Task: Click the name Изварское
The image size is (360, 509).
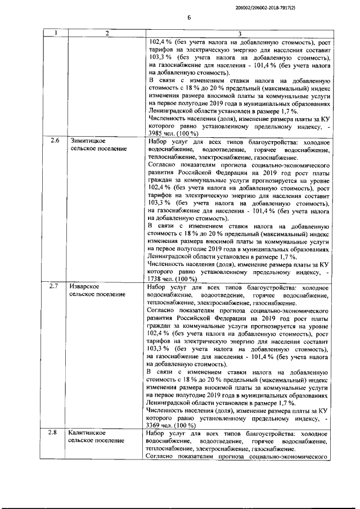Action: [x=85, y=286]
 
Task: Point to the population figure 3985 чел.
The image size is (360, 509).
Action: [x=159, y=133]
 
